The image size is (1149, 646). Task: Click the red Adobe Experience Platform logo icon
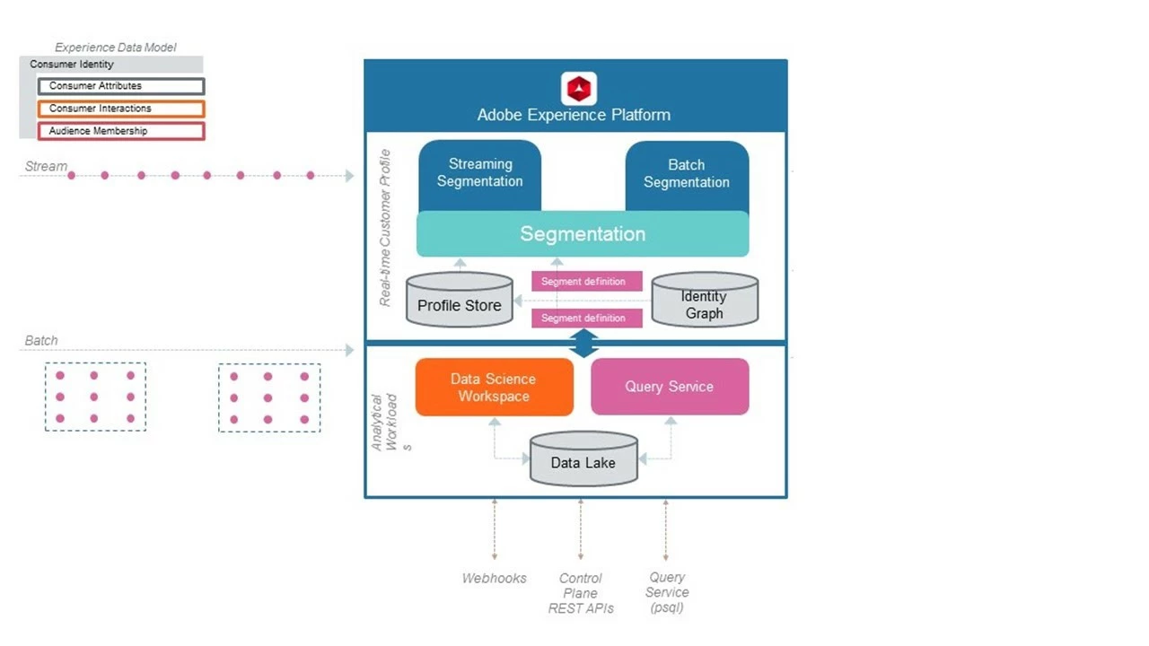click(579, 89)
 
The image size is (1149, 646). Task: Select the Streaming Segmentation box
click(480, 173)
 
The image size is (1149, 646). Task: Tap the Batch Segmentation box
click(687, 174)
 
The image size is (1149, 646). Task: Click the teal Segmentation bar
click(583, 234)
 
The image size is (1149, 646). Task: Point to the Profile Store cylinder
click(460, 301)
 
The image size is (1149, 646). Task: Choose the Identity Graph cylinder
click(705, 301)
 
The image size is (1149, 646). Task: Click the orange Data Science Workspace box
click(494, 388)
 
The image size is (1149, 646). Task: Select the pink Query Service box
click(670, 387)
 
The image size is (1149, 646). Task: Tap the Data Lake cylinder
click(583, 460)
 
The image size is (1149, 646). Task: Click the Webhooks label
click(495, 579)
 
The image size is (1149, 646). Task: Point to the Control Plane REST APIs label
click(581, 593)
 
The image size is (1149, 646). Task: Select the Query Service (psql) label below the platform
click(667, 592)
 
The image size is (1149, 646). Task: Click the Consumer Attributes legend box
click(121, 86)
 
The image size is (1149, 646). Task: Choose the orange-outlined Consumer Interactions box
click(121, 109)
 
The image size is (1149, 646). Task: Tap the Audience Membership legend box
click(121, 131)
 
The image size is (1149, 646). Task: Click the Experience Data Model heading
click(116, 48)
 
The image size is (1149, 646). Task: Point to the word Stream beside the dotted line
click(46, 166)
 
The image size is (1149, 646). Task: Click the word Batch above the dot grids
click(41, 341)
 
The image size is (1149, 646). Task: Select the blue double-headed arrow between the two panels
click(584, 343)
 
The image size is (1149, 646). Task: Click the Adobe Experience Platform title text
click(574, 115)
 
